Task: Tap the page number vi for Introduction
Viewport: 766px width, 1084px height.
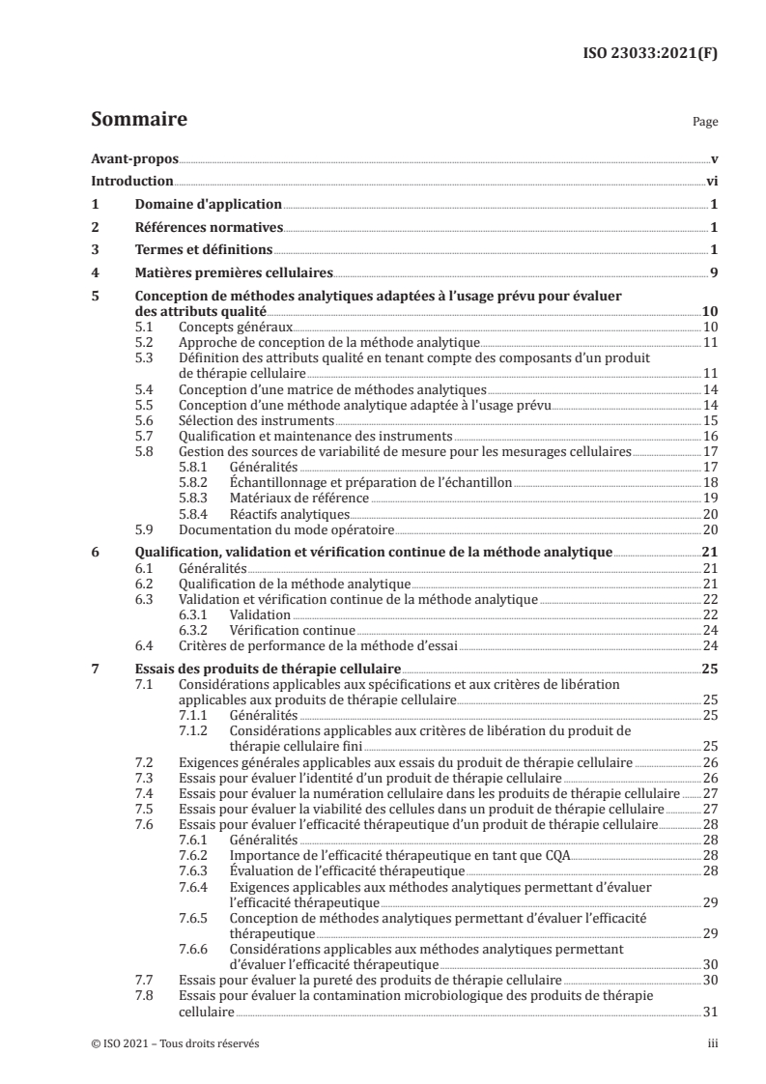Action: [x=710, y=182]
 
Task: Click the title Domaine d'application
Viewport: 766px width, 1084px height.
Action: [x=208, y=204]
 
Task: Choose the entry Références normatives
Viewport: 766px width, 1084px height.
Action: [x=208, y=227]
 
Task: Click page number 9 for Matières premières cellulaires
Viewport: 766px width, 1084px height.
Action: [x=713, y=273]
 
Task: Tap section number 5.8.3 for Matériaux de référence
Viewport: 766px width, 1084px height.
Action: [x=197, y=498]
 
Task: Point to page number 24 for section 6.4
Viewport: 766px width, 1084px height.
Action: [x=709, y=645]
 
